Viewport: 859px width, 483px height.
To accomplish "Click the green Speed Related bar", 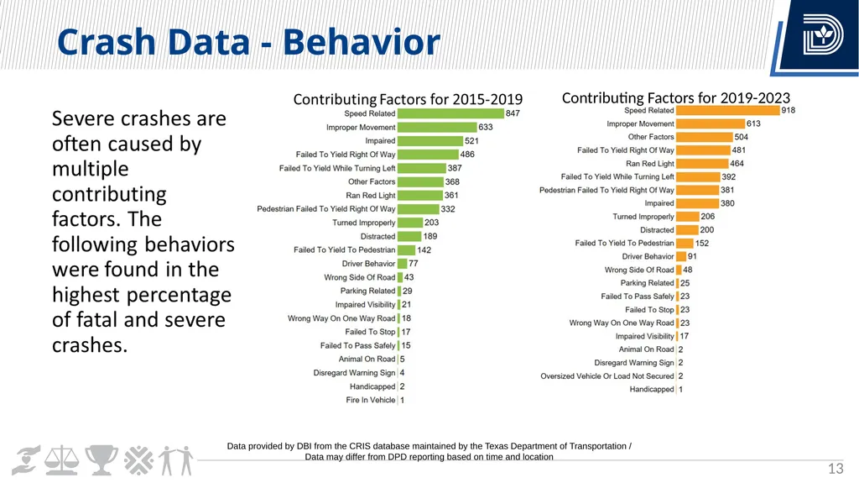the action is (450, 113).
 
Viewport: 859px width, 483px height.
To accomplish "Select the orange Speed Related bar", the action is (728, 110).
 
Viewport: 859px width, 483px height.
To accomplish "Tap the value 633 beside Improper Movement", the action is (486, 127).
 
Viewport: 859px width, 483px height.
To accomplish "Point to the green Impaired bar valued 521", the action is (430, 140).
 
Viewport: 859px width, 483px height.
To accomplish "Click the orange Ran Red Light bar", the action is (702, 164).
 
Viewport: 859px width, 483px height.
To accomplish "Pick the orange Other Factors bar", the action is (705, 137).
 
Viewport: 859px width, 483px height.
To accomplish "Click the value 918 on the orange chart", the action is (789, 110).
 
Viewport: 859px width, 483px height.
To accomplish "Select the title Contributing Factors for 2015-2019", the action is (408, 99).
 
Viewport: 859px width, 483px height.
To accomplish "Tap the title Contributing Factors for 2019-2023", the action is (676, 97).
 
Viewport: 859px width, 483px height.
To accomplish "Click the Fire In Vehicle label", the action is (370, 400).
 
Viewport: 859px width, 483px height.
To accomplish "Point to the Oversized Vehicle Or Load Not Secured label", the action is (607, 376).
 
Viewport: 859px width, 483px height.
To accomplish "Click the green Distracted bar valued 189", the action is (409, 236).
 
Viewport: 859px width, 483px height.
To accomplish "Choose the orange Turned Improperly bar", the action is (688, 217).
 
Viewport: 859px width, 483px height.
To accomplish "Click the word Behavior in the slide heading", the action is (362, 42).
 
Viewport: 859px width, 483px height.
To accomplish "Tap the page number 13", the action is (836, 468).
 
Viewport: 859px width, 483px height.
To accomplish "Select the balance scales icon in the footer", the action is (61, 460).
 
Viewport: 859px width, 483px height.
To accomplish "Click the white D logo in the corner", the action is (822, 34).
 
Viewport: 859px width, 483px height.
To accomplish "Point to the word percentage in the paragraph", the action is (182, 295).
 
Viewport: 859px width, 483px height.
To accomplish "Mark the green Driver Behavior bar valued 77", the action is (402, 264).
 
